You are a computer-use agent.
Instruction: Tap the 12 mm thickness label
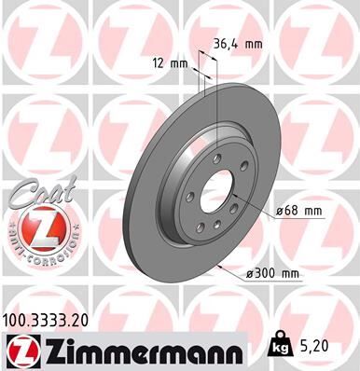[x=173, y=63]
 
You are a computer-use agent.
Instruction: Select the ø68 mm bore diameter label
[x=297, y=212]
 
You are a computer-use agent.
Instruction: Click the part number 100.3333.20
[x=53, y=320]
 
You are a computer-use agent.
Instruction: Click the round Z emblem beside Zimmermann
[x=20, y=350]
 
